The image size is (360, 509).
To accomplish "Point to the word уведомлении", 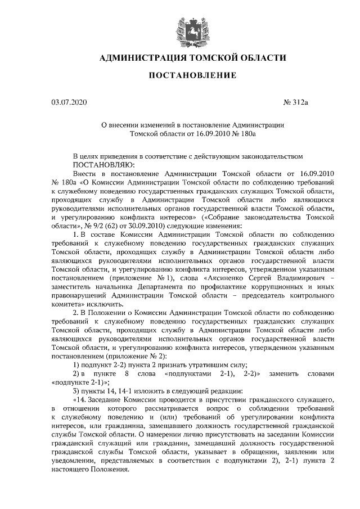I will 73,462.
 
